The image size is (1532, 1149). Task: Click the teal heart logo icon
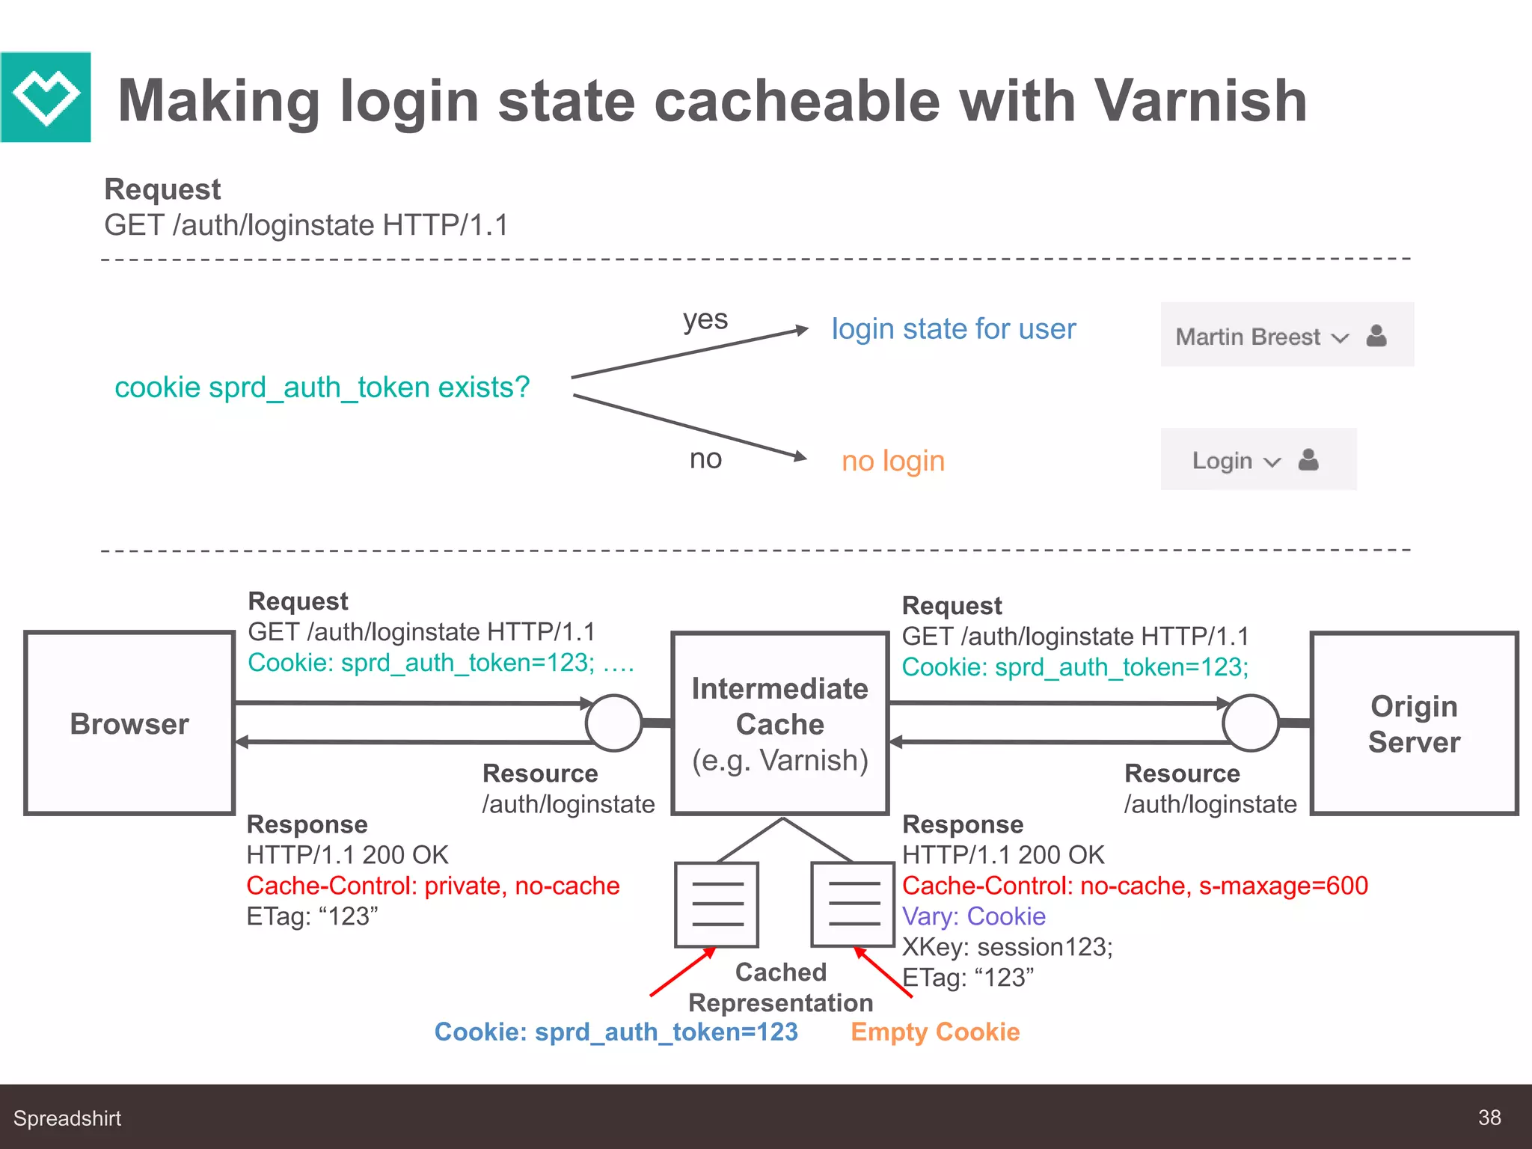pos(46,97)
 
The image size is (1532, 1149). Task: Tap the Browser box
pos(129,723)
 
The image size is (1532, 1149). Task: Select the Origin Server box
pos(1413,723)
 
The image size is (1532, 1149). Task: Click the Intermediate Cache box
pos(779,723)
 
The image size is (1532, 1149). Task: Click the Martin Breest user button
pos(1287,335)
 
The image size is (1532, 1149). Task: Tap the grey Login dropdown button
pos(1257,459)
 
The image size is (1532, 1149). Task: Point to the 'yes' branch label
pos(705,320)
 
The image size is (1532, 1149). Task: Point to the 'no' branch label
pos(705,459)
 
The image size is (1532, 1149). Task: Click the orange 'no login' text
pos(892,461)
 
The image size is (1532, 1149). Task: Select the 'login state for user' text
pos(953,329)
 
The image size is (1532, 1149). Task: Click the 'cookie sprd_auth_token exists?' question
pos(322,387)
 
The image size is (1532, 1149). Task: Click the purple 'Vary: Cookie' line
pos(973,916)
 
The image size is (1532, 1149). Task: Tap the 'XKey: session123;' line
pos(1007,947)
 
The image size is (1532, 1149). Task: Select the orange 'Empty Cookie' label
pos(934,1032)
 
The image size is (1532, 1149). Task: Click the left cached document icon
pos(717,904)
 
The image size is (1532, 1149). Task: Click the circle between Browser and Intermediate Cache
pos(613,723)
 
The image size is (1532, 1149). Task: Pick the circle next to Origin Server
pos(1250,723)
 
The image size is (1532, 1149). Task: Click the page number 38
pos(1489,1118)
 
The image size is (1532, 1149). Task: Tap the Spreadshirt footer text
pos(67,1118)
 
